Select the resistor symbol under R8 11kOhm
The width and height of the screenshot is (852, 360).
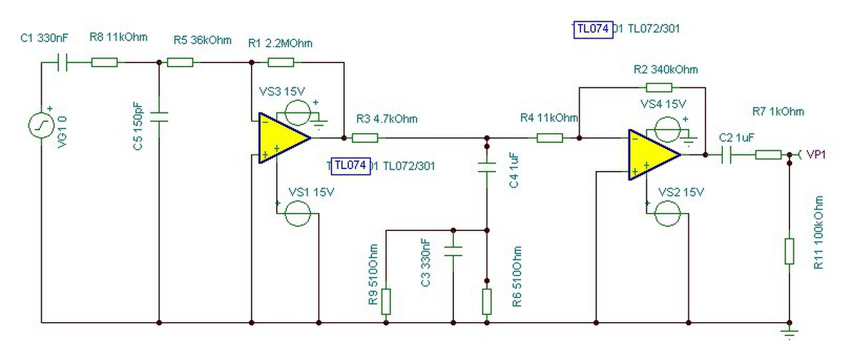pos(105,63)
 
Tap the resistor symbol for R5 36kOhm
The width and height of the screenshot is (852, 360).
pos(180,63)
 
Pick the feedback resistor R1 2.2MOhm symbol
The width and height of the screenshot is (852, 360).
pos(280,63)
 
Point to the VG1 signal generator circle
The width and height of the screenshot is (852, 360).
pos(42,124)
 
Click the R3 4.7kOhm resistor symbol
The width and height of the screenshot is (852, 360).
pos(365,138)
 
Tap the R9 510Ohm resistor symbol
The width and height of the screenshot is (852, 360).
pos(386,301)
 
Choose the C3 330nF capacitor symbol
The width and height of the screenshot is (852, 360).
pos(453,252)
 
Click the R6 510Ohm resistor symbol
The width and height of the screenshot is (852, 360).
pos(487,301)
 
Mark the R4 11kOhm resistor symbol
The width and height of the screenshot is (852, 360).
pos(550,138)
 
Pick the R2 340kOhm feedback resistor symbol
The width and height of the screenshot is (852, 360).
pos(659,87)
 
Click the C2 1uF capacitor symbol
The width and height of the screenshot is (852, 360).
pos(727,155)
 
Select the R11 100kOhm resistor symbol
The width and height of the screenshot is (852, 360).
pos(789,252)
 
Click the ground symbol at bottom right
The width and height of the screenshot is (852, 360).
pos(789,332)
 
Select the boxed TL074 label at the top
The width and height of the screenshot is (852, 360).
pos(592,29)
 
